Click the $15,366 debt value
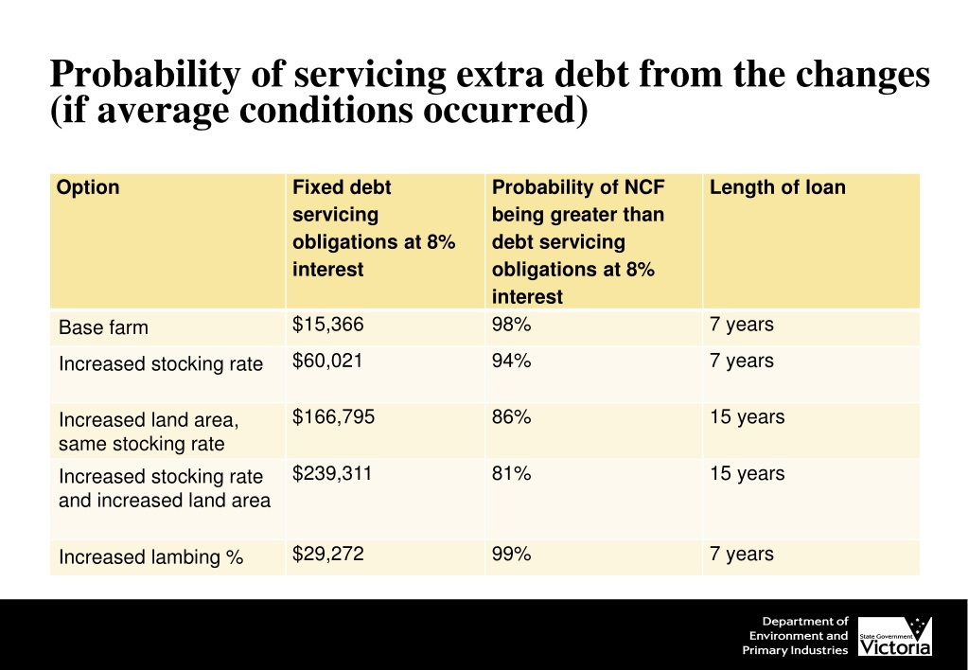click(327, 325)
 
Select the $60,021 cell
click(327, 361)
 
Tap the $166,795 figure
click(333, 416)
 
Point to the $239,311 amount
click(332, 473)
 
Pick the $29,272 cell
click(327, 554)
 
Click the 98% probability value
click(511, 325)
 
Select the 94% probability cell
click(511, 361)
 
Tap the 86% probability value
click(511, 416)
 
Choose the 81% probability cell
click(511, 473)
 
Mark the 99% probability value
click(511, 554)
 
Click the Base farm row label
click(103, 328)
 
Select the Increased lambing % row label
click(151, 557)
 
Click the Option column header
click(88, 187)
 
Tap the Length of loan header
click(777, 187)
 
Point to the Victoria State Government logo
click(894, 636)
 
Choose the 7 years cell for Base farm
click(741, 325)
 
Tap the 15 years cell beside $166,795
click(747, 416)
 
